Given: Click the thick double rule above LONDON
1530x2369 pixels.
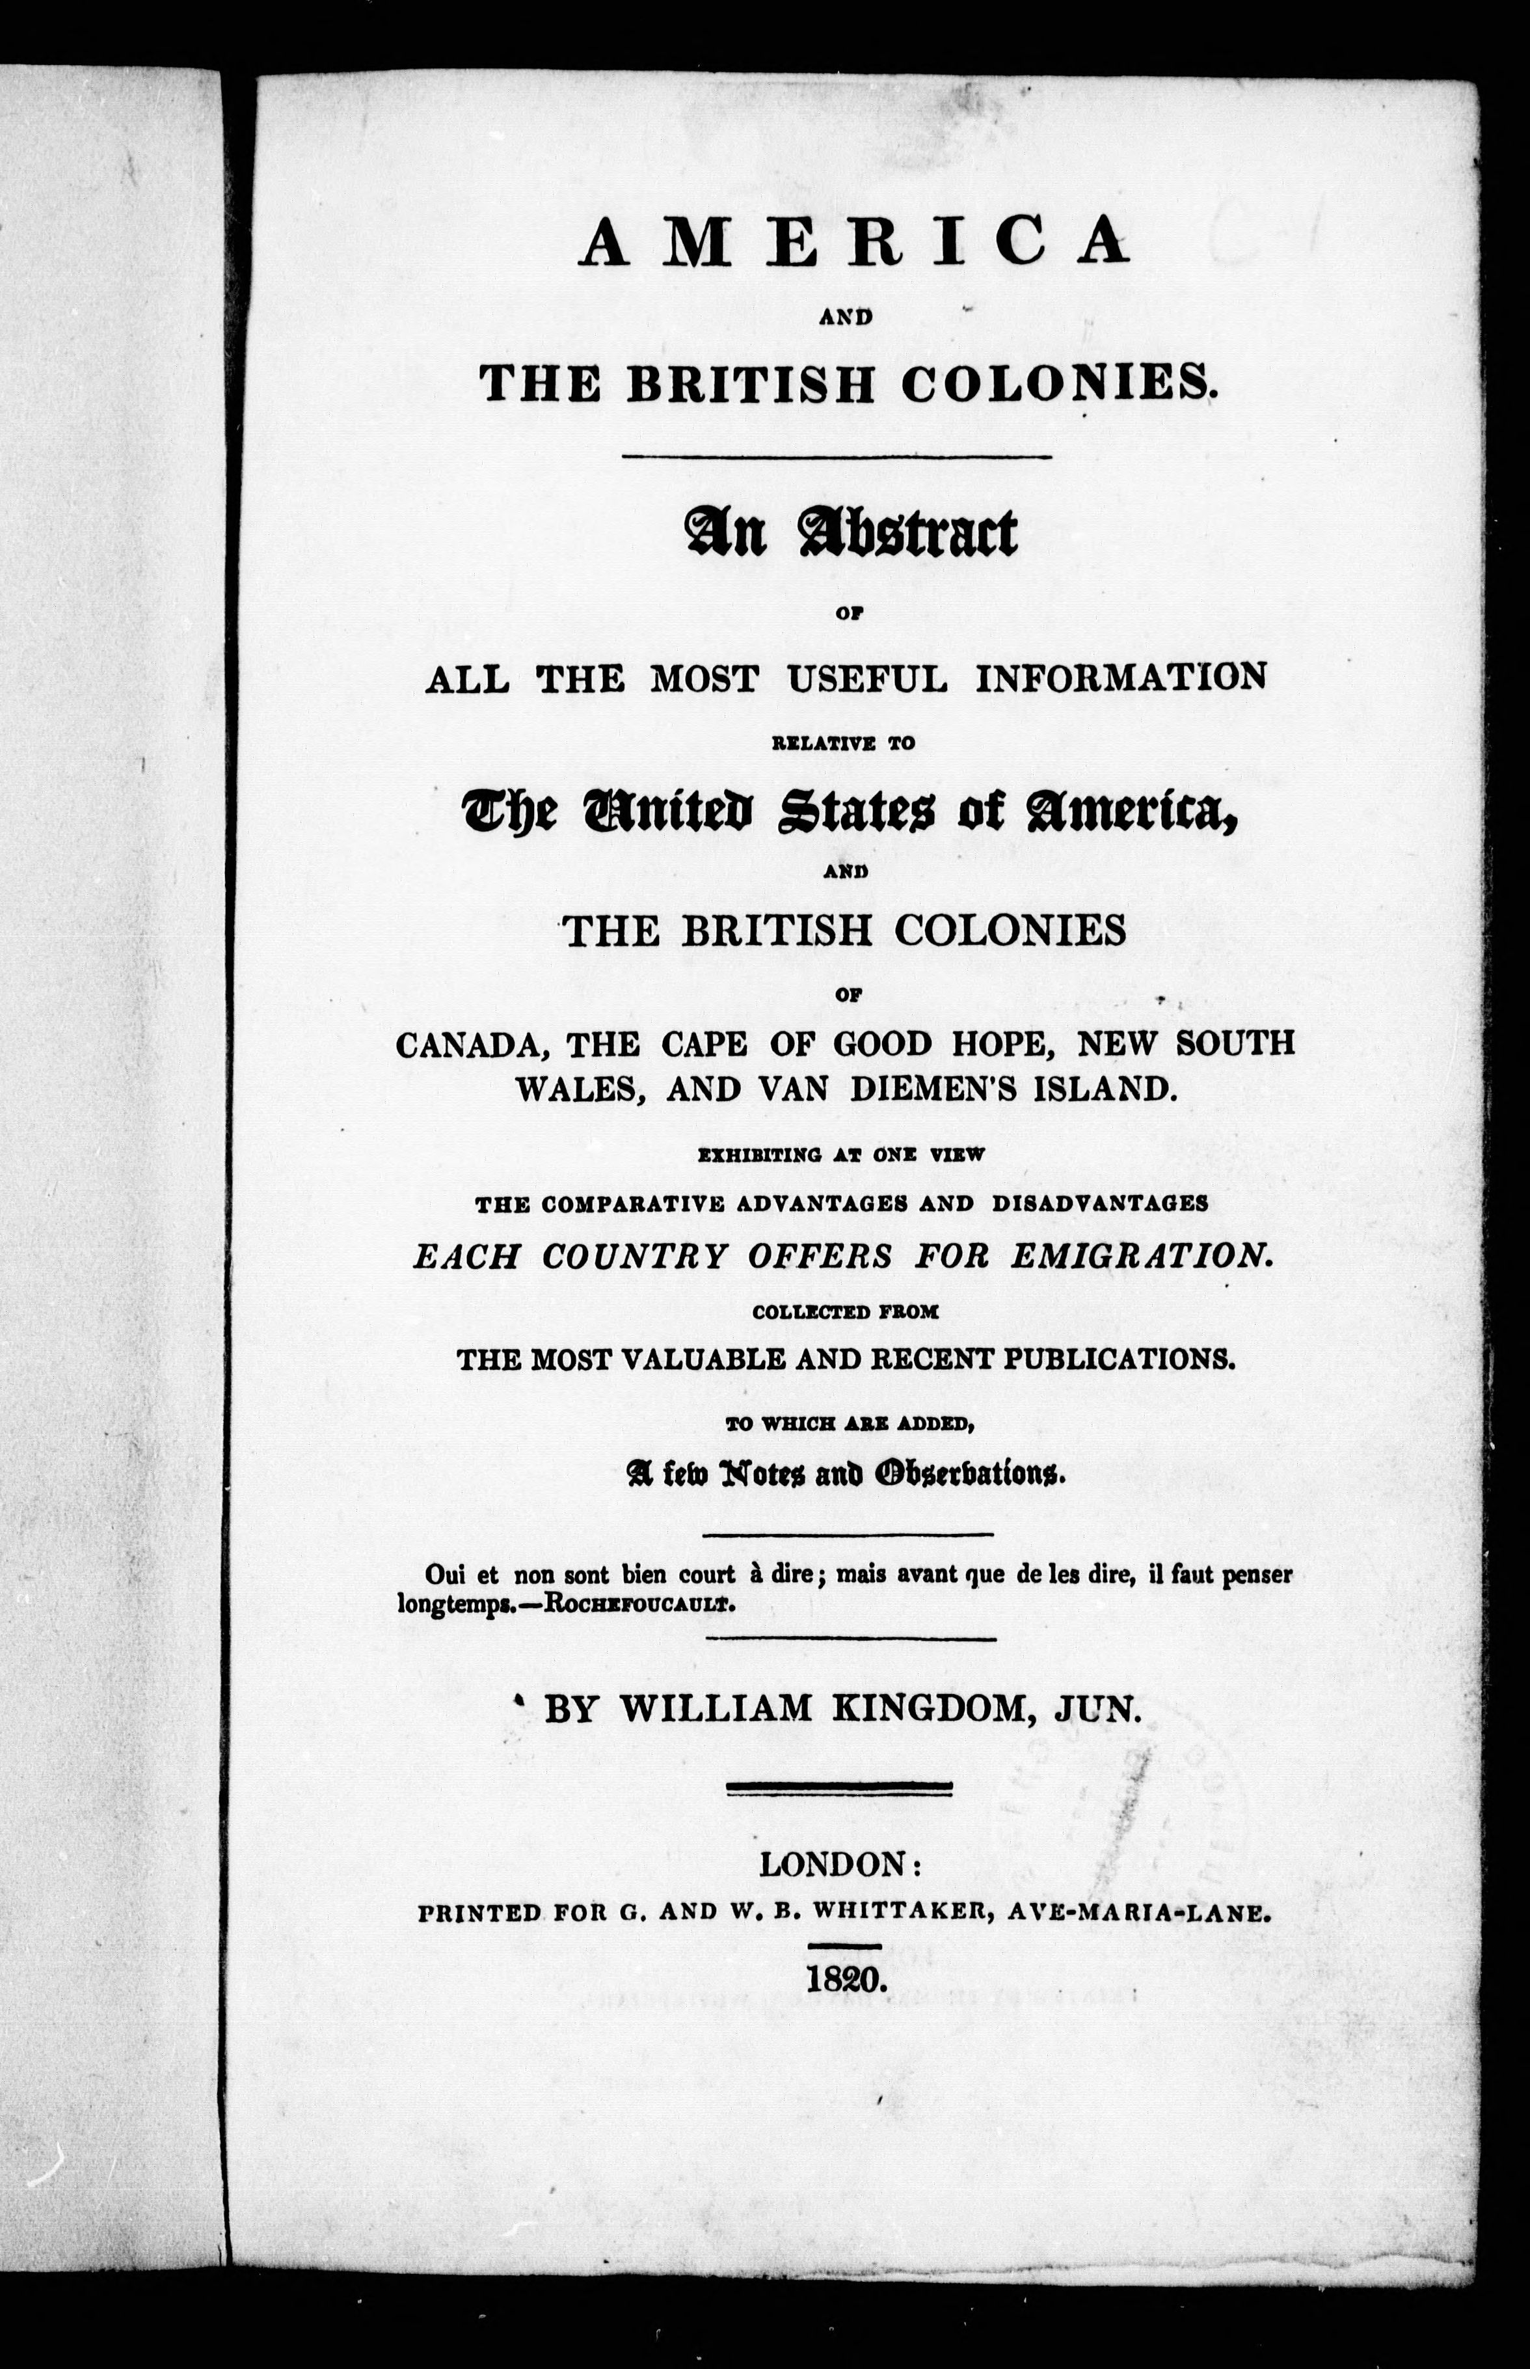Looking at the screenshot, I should pyautogui.click(x=840, y=1788).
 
